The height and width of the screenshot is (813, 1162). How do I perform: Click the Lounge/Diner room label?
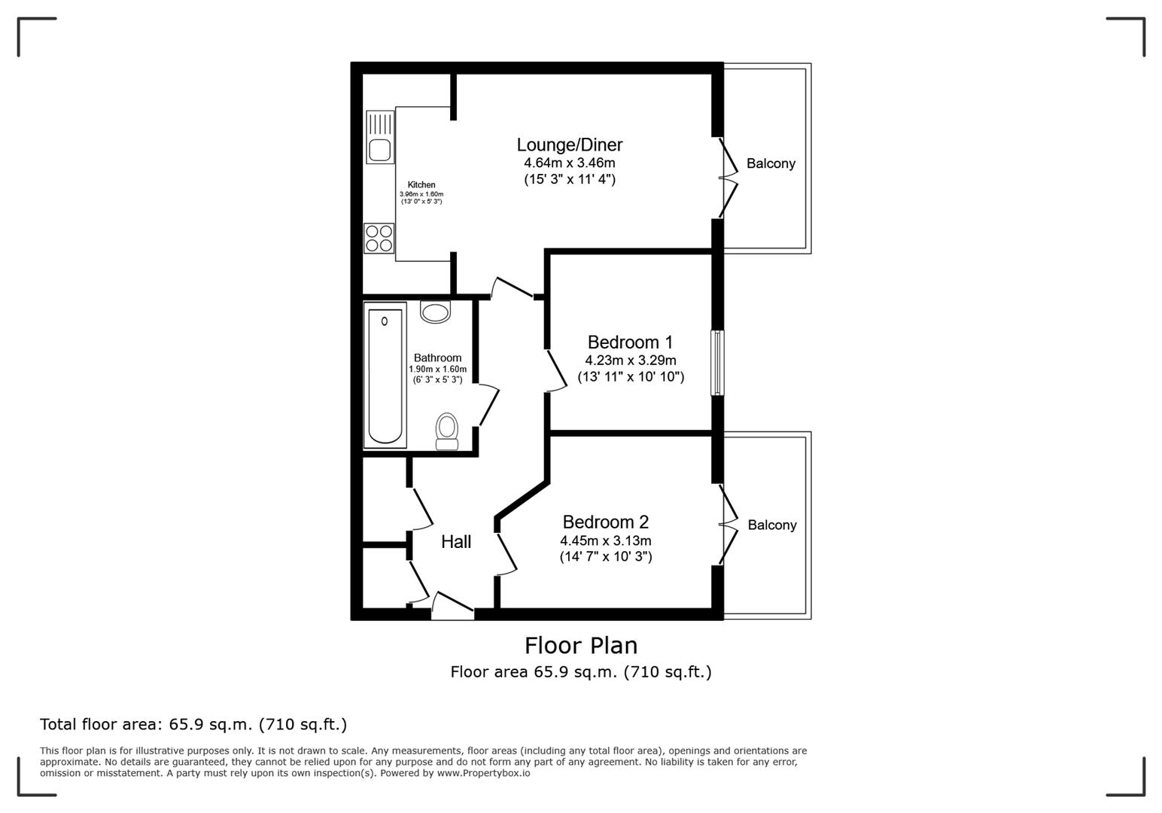pos(570,145)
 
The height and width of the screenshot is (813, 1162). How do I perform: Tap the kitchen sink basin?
pos(380,150)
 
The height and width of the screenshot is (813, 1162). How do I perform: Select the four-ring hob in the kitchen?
pos(379,238)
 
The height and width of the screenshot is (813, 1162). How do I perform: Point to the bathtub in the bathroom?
pos(385,376)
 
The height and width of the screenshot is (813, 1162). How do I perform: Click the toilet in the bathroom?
pos(446,431)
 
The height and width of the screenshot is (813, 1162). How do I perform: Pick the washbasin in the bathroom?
pos(435,312)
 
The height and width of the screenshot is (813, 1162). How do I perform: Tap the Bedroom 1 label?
pos(630,343)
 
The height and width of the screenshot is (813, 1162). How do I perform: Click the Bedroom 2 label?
pos(606,522)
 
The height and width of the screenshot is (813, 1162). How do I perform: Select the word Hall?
pos(456,542)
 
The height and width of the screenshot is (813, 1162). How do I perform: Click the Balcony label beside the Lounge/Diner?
pos(771,164)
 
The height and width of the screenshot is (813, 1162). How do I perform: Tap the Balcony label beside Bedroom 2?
pos(772,525)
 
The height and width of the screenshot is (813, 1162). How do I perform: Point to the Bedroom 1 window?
pos(717,363)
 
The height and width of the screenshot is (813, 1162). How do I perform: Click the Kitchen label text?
pos(421,184)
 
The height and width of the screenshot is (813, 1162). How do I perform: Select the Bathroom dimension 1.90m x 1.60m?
pos(438,370)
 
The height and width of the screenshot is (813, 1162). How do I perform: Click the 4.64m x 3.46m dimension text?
pos(570,163)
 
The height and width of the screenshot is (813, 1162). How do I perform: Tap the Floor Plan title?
pos(581,646)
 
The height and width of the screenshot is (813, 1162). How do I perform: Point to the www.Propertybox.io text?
pos(483,773)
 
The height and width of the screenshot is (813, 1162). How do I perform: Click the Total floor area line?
pos(193,724)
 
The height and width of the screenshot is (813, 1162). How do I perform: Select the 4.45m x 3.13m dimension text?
pos(606,540)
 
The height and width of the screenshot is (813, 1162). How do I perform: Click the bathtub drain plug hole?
pos(385,321)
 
